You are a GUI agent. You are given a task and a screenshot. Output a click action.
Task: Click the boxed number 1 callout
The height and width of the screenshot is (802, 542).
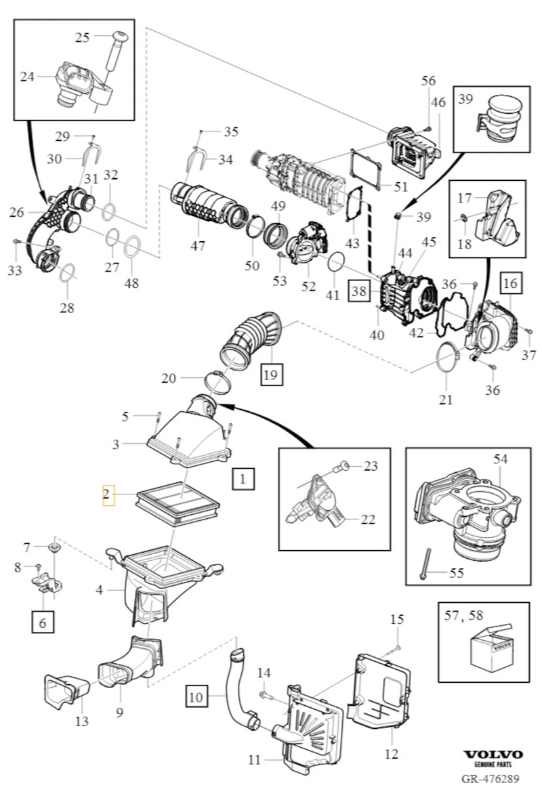tap(243, 479)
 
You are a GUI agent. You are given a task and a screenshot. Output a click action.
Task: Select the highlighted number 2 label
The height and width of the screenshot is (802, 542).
tap(107, 495)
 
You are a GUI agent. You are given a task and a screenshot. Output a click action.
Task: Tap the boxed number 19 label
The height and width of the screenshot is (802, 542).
tap(271, 373)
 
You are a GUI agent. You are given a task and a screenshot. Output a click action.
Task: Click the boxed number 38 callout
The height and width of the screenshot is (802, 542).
tap(358, 291)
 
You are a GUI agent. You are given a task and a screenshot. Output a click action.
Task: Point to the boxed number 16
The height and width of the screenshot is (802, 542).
tap(511, 283)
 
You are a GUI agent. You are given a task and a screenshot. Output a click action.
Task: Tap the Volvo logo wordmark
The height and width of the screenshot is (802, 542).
tap(493, 755)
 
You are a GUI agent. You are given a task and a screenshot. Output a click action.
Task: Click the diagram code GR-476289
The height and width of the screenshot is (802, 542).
tap(491, 779)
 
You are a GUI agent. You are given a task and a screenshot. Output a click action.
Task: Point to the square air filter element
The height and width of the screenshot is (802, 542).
tap(180, 505)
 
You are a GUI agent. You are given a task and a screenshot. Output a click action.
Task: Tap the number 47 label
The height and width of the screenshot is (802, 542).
tap(197, 245)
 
